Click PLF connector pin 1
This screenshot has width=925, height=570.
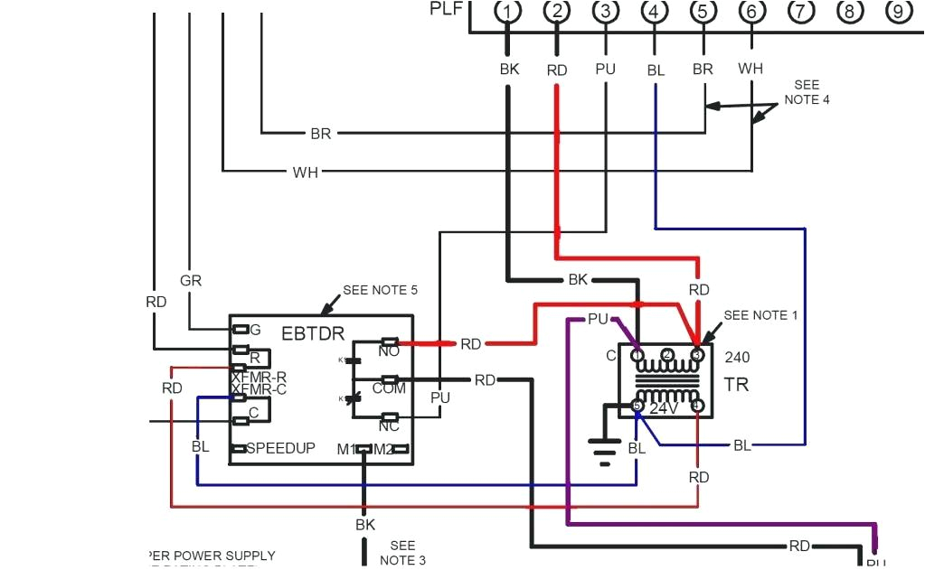510,12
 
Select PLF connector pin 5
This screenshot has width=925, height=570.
703,12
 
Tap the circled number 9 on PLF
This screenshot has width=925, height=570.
896,12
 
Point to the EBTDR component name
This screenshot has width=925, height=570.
313,334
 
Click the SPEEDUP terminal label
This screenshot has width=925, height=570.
280,448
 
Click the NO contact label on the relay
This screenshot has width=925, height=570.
389,351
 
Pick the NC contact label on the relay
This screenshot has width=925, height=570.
389,426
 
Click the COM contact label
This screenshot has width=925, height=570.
390,388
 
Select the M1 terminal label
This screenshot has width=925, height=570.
346,449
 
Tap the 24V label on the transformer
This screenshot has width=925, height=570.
665,408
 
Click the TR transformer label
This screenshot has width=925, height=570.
736,385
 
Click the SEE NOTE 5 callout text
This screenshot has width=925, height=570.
380,291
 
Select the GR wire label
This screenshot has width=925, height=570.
190,281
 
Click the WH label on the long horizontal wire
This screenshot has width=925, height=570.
305,172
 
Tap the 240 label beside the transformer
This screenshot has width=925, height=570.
737,357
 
